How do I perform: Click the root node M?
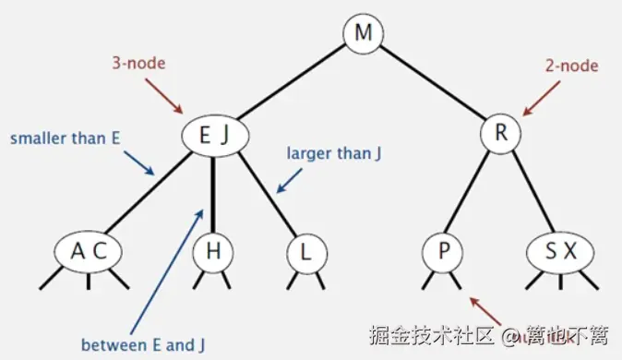[x=364, y=34]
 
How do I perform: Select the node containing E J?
[x=212, y=136]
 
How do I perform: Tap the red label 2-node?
[x=572, y=66]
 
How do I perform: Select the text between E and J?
[x=143, y=345]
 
